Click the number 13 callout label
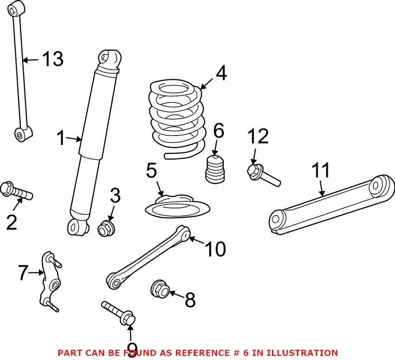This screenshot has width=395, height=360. pyautogui.click(x=53, y=60)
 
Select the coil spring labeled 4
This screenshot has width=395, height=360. pyautogui.click(x=176, y=119)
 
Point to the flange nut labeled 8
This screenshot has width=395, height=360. pyautogui.click(x=160, y=288)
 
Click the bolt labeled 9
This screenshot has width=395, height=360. pyautogui.click(x=119, y=313)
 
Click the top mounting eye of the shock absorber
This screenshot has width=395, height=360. pyautogui.click(x=110, y=57)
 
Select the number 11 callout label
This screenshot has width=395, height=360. pyautogui.click(x=321, y=170)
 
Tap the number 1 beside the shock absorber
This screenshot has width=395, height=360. pyautogui.click(x=61, y=139)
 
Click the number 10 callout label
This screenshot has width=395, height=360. pyautogui.click(x=215, y=249)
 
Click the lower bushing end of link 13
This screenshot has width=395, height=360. pyautogui.click(x=23, y=134)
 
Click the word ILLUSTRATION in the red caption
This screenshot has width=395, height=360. pyautogui.click(x=302, y=353)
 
